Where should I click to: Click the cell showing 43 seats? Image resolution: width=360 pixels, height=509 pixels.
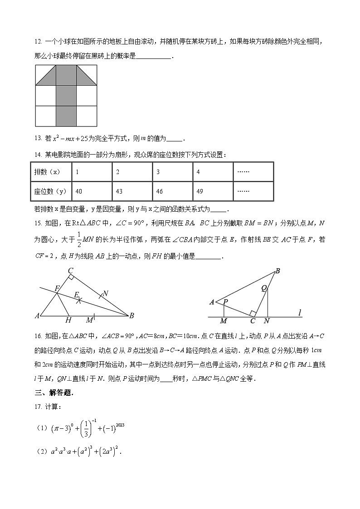pos(131,191)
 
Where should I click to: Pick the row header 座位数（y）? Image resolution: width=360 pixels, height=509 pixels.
pos(50,191)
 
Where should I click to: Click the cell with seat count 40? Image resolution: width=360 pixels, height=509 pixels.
pos(91,191)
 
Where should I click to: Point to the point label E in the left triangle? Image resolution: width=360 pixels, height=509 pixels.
pos(77,294)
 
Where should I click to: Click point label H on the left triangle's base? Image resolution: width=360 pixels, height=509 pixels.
pos(68,320)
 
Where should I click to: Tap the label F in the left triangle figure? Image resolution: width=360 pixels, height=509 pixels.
pos(57,288)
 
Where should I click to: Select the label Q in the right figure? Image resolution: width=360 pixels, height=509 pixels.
pos(264,287)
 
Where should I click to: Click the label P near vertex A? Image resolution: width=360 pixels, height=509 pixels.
pos(225,301)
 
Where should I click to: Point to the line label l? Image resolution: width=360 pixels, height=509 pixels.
pos(300,312)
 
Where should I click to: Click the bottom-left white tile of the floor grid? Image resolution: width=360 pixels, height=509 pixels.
pos(45,116)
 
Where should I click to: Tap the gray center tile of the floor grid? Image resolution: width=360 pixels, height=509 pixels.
pos(66,96)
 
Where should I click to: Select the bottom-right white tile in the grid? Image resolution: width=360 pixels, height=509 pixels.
pos(87,116)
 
